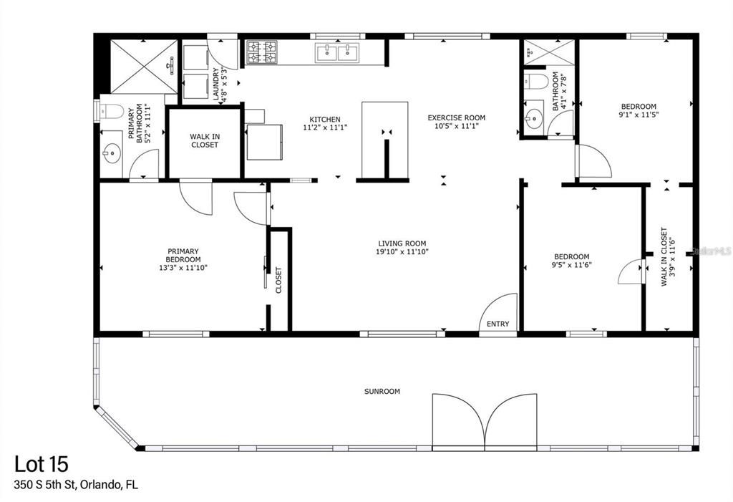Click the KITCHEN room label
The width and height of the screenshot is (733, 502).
point(324,120)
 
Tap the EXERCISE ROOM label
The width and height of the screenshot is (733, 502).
point(456,117)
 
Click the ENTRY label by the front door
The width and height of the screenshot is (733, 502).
point(497,324)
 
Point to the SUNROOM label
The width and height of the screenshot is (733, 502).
point(382,392)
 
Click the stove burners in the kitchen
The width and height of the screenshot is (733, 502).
point(262,52)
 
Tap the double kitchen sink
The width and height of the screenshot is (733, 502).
point(336,52)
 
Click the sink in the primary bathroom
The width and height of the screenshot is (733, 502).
point(111,153)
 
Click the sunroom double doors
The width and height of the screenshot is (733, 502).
point(485,421)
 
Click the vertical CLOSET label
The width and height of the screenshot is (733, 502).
point(278,280)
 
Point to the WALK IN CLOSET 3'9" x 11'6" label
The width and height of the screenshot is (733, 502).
point(669,258)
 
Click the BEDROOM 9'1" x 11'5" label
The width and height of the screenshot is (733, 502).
point(638,110)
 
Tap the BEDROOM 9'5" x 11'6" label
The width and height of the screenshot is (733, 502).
point(572,260)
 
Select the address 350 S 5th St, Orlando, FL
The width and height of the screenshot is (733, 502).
point(76,485)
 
